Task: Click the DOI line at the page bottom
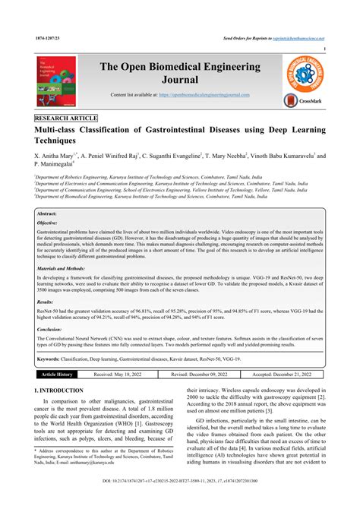tap(180, 501)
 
